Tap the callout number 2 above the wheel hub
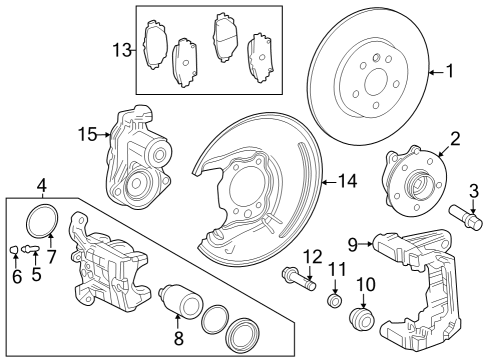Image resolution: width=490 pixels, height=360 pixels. tap(454, 139)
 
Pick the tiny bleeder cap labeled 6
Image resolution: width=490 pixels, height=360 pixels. tap(15, 248)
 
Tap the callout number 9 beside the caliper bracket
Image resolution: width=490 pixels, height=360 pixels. tap(353, 242)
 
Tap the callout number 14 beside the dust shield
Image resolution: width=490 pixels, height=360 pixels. tap(347, 181)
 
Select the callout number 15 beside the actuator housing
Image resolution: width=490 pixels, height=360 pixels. tap(87, 132)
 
